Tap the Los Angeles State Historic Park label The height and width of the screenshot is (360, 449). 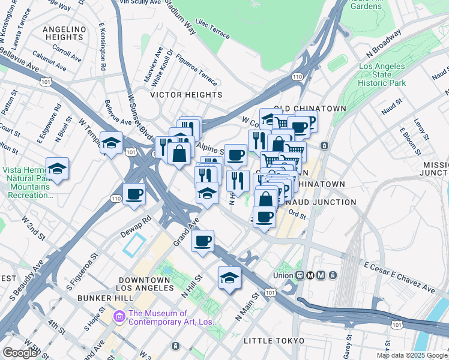(382, 75)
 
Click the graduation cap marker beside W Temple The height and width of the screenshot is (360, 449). (112, 143)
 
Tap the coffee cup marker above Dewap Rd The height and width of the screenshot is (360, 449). (134, 194)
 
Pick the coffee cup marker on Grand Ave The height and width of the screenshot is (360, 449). (202, 241)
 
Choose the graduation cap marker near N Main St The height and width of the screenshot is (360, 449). (229, 278)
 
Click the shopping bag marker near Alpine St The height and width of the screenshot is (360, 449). (179, 153)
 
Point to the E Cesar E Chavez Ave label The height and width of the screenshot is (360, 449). (399, 277)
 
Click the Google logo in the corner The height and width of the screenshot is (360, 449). (20, 353)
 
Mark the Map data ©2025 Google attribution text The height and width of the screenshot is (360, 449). (412, 355)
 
